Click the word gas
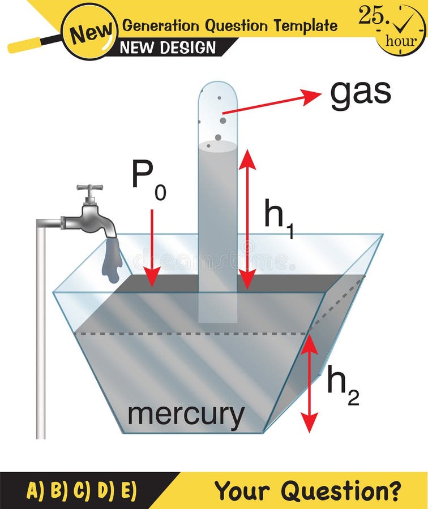point(360,93)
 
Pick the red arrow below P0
point(152,249)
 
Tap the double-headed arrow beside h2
point(309,384)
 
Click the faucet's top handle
point(90,188)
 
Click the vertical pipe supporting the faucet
point(41,334)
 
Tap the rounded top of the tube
point(217,90)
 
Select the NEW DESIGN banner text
point(168,48)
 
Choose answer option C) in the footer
point(82,490)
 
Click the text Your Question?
point(308,490)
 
